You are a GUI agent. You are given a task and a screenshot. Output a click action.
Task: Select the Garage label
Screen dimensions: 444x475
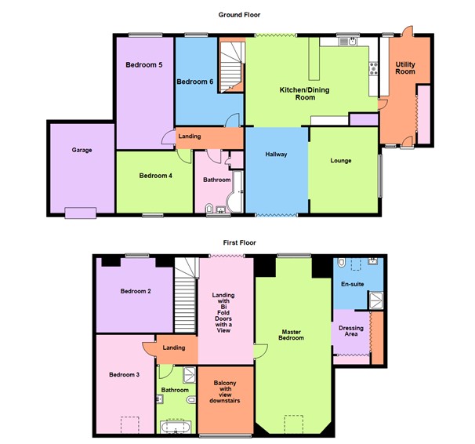coord(82,149)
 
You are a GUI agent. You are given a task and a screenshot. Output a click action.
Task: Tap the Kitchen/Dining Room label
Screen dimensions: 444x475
coord(305,94)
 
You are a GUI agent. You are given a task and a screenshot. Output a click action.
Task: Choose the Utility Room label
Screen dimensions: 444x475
coord(405,67)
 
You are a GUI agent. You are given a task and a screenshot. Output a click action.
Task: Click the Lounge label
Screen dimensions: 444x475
coord(340,161)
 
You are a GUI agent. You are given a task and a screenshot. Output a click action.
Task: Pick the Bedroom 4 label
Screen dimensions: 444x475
coord(155,176)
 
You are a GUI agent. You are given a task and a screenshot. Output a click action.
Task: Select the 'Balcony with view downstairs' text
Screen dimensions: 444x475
coord(225,391)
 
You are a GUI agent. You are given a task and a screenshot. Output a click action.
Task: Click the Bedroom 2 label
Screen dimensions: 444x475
coord(136,291)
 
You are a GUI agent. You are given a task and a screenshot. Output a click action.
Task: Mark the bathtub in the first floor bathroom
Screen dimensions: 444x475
coord(176,427)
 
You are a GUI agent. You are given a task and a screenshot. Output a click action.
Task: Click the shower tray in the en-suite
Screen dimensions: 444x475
coord(376,298)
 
